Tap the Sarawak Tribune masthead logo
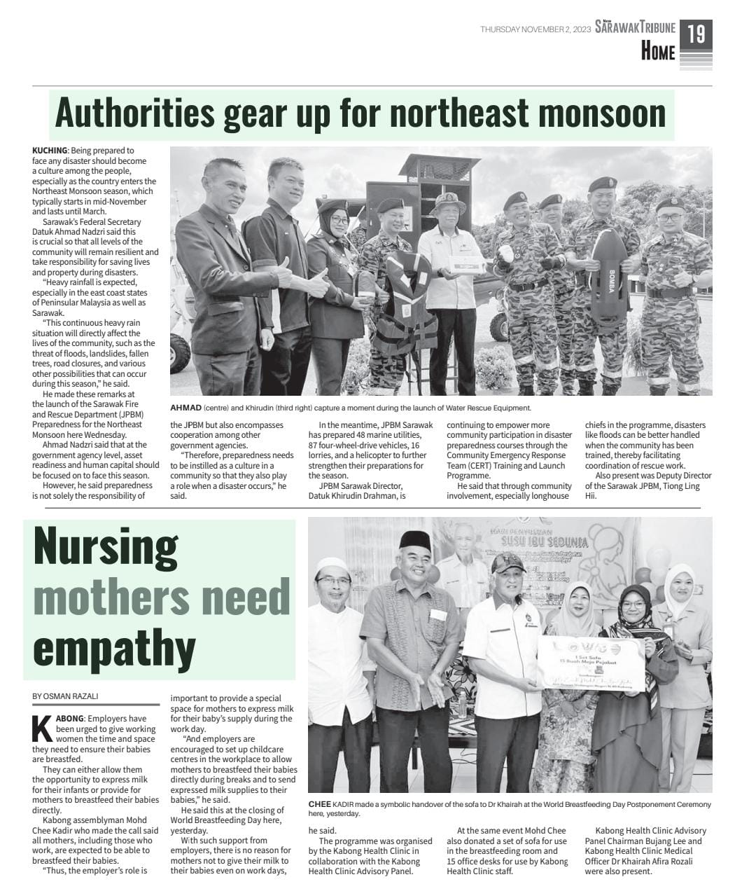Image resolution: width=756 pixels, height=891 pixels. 636,28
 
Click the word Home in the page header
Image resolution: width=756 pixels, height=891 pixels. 658,52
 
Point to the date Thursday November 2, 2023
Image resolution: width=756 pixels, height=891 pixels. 535,29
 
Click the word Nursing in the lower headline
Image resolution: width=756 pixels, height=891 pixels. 105,548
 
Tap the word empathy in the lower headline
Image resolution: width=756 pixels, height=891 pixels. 114,648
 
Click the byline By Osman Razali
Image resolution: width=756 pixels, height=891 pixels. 65,696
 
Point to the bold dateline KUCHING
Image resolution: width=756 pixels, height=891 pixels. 50,151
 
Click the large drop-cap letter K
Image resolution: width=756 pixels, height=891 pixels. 42,729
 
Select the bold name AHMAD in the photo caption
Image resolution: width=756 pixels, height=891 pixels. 185,408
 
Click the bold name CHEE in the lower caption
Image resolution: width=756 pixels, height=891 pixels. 319,804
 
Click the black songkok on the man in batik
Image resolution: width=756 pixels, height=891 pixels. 414,539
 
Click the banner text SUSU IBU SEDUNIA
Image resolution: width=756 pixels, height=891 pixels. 539,543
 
